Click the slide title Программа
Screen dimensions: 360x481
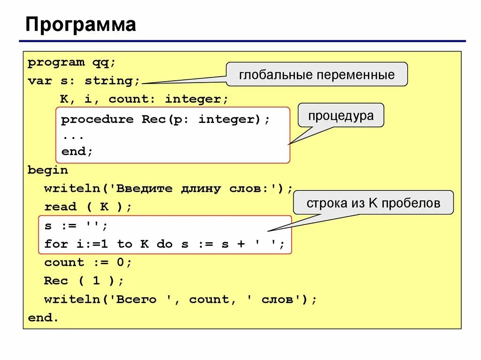(x=80, y=24)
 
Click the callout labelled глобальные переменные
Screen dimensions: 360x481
(x=317, y=75)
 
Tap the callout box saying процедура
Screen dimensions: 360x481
(x=341, y=116)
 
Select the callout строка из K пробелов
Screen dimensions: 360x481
(x=373, y=203)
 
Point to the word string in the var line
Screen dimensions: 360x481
(x=111, y=81)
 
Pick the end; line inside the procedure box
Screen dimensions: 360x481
(x=77, y=152)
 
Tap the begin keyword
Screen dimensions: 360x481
(x=48, y=170)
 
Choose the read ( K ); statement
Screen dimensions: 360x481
(x=88, y=207)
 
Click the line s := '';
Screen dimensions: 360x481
(x=76, y=226)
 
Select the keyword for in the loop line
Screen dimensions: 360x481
(x=56, y=244)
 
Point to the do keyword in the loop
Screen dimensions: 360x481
(x=164, y=244)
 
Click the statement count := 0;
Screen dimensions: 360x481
(x=88, y=262)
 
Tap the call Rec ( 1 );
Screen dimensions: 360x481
(x=84, y=281)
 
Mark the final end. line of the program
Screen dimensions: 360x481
(x=43, y=318)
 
